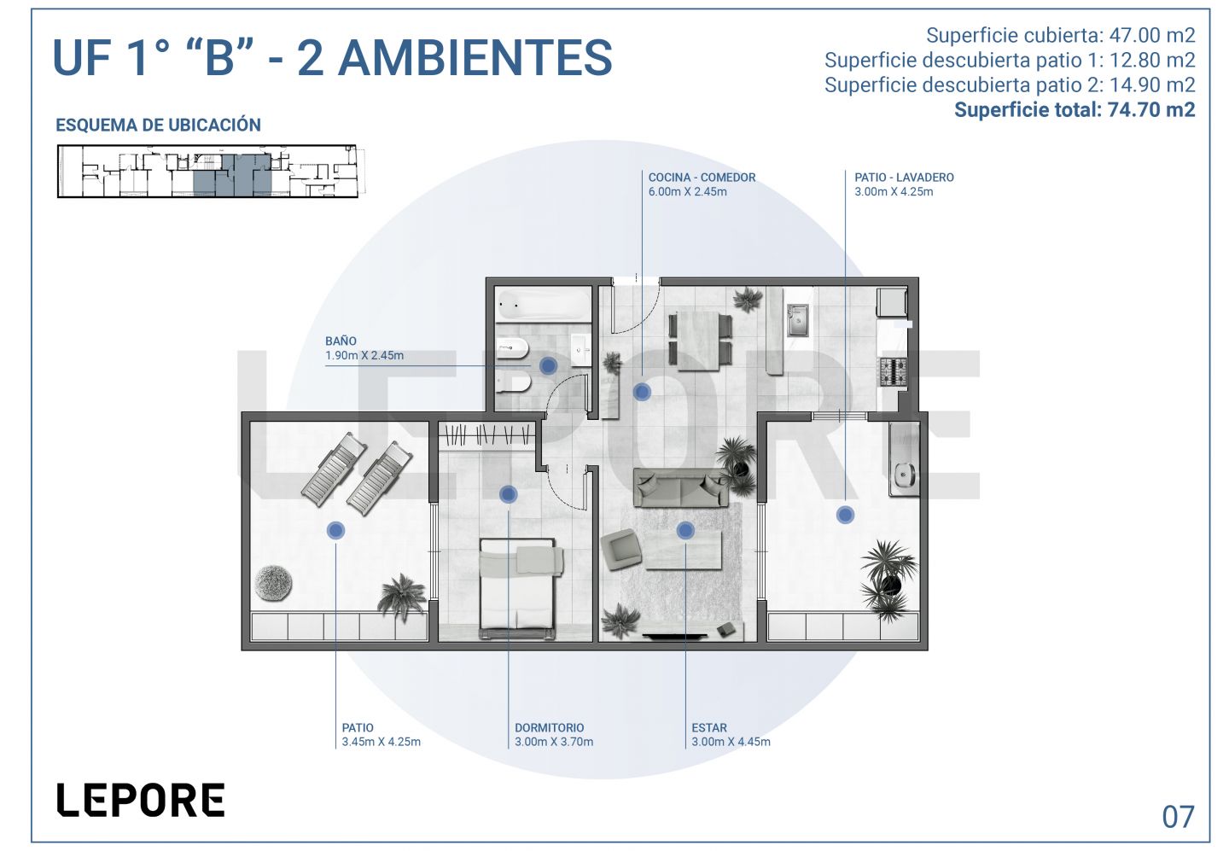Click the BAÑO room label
341,341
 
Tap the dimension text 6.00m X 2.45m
688,191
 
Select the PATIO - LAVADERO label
904,178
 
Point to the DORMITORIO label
550,727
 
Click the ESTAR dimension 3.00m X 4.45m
731,742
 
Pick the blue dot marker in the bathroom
548,366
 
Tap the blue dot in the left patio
335,531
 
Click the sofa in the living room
681,487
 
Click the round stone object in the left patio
273,582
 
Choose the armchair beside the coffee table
621,549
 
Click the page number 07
1178,817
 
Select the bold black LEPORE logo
141,800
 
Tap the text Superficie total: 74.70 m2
1075,110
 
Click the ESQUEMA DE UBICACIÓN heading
158,125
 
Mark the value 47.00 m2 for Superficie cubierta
1151,35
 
